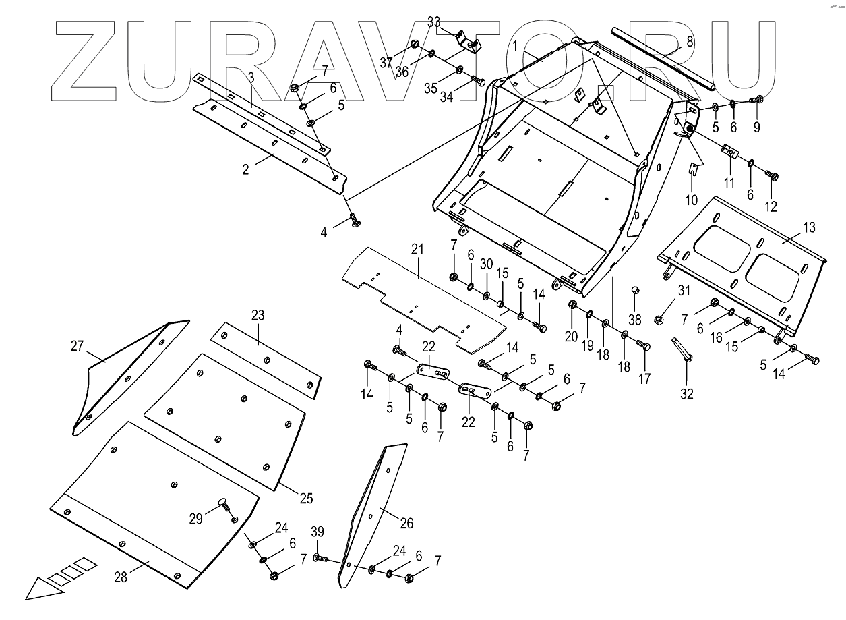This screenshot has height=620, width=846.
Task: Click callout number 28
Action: click(x=120, y=576)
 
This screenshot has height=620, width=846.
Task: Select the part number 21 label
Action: click(x=418, y=250)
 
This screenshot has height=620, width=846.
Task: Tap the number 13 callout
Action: click(x=808, y=228)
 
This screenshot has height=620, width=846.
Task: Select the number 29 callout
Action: click(x=195, y=518)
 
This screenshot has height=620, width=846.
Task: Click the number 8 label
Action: click(x=690, y=41)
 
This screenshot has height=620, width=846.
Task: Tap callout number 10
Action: click(x=692, y=200)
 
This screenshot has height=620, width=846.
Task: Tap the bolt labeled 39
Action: click(x=323, y=559)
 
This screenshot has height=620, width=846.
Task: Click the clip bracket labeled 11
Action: click(x=729, y=152)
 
